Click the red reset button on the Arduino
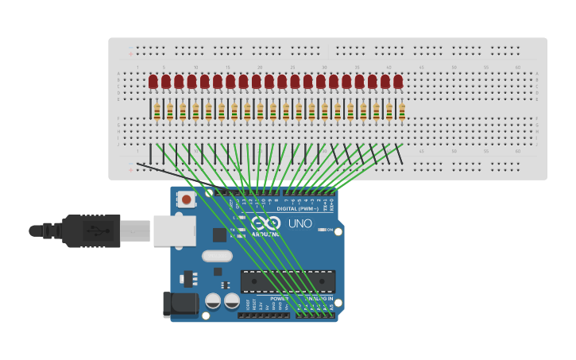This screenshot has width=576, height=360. [186, 199]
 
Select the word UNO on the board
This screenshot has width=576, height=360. [300, 223]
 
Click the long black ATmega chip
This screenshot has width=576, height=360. [288, 281]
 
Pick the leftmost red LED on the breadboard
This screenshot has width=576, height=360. [153, 81]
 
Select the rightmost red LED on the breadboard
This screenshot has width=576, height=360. [398, 81]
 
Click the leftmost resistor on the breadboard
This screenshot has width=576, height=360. [157, 111]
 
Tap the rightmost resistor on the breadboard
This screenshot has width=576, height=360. [402, 111]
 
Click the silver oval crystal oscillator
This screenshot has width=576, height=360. [217, 256]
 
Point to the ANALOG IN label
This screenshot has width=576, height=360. [318, 298]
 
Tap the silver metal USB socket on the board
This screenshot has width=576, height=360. [169, 230]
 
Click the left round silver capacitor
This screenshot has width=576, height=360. [213, 301]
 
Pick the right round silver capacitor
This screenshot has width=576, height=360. [231, 301]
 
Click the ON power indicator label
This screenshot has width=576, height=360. [329, 229]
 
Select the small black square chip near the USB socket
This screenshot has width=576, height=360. [219, 235]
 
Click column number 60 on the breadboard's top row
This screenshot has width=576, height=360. [518, 67]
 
